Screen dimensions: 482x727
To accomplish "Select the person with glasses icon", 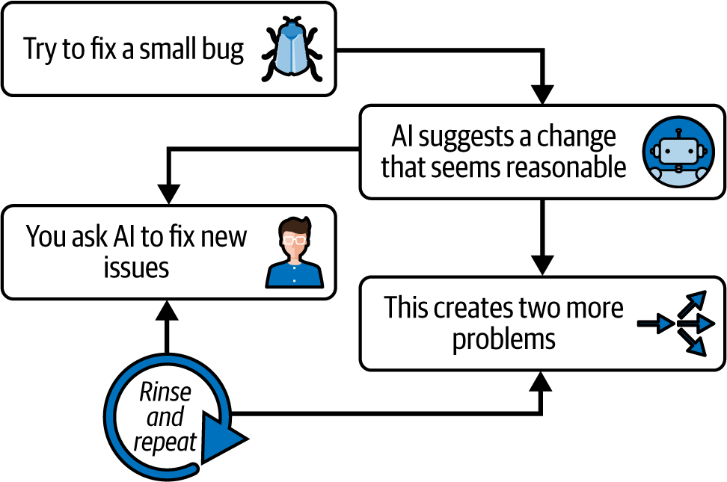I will point(295,253).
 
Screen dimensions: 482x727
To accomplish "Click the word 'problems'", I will point(503,339).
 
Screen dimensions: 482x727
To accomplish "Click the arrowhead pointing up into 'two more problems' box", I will point(540,381).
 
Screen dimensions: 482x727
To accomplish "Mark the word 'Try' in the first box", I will point(40,50).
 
